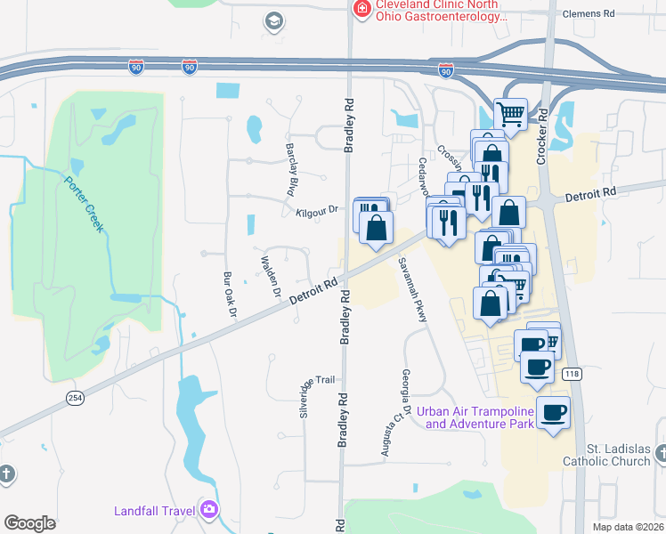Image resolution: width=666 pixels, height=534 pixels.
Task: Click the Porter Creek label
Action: click(83, 204)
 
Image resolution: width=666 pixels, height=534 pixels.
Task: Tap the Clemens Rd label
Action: click(589, 14)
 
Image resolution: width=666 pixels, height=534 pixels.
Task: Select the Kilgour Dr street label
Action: click(318, 211)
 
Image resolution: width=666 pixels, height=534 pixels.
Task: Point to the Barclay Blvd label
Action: click(290, 170)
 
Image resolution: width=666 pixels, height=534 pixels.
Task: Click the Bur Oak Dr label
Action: click(227, 297)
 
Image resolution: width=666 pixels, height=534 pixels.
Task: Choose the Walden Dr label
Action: click(270, 277)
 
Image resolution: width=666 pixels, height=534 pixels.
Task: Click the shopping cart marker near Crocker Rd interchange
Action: click(510, 113)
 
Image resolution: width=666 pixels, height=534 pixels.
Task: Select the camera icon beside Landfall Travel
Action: click(210, 511)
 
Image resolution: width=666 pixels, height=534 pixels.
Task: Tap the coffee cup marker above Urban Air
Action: click(554, 412)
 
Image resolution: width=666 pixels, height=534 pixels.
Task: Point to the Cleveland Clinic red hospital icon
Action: click(361, 9)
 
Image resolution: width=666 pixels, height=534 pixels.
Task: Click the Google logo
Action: click(29, 523)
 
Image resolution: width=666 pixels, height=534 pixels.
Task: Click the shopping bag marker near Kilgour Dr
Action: click(377, 227)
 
